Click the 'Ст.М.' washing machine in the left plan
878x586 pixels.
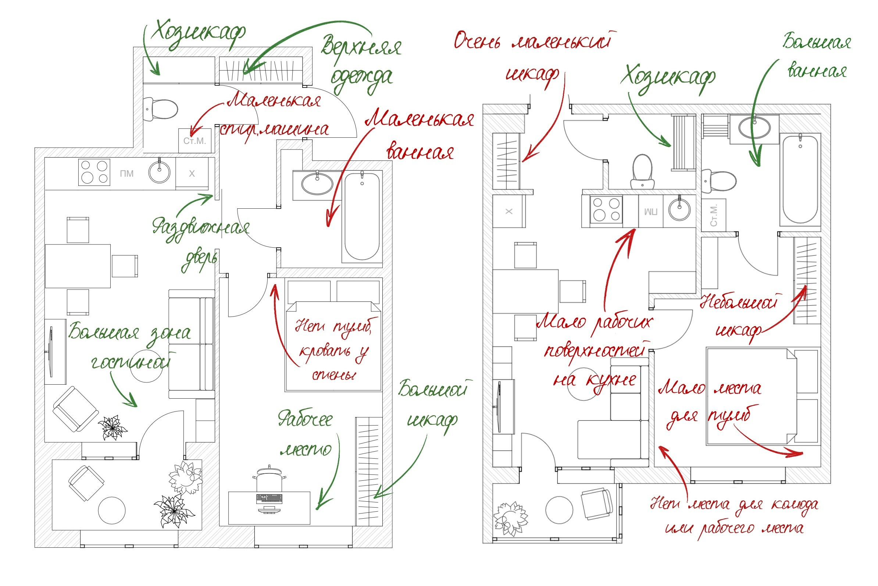pos(194,141)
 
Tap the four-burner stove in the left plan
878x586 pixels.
pos(94,172)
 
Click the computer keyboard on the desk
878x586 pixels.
pos(269,498)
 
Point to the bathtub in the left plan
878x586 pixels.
pos(362,217)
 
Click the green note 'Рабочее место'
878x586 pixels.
pos(306,435)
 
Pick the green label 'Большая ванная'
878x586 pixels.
pos(817,56)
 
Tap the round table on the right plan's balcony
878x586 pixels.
pos(559,510)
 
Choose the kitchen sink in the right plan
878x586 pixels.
pos(679,211)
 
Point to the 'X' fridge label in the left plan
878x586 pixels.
pos(192,173)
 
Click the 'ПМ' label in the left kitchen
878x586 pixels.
pos(127,173)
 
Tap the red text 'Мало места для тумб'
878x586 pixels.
pos(709,403)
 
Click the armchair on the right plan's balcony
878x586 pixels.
pos(596,504)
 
